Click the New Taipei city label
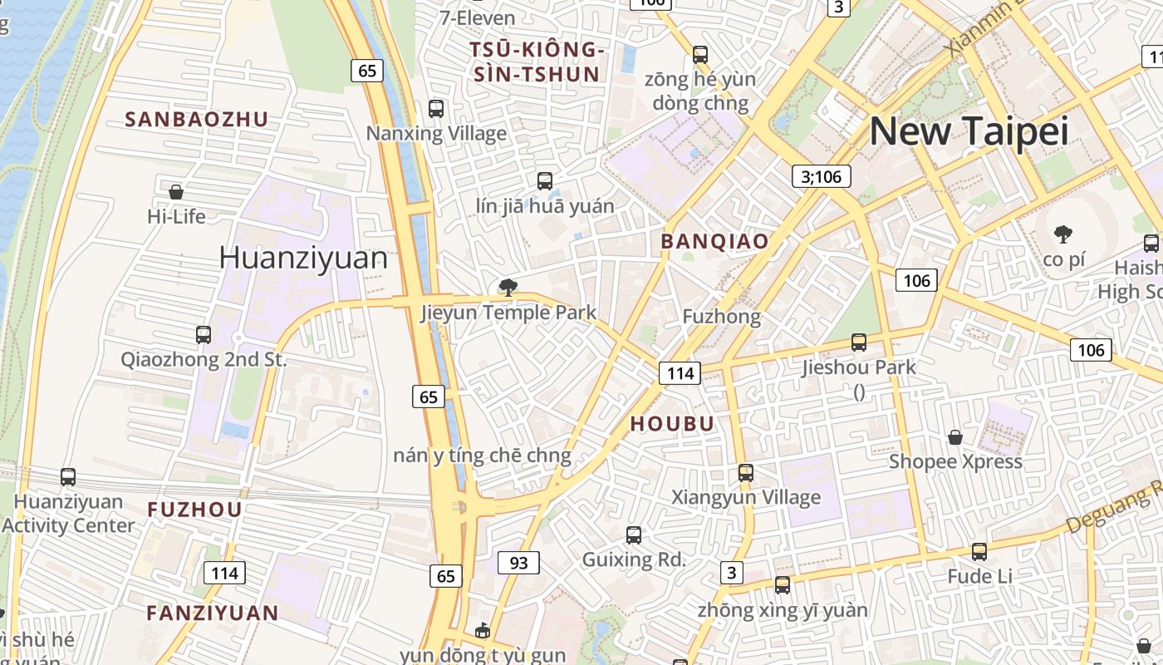click(968, 131)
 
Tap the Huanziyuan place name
click(303, 258)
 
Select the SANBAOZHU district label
click(197, 120)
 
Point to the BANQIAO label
click(714, 242)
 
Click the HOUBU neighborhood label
click(672, 424)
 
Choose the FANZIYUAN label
click(213, 613)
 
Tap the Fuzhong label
click(721, 317)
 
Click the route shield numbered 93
click(518, 563)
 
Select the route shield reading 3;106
click(817, 176)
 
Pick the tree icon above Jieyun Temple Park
click(508, 288)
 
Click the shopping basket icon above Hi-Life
click(176, 192)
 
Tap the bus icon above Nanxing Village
click(436, 108)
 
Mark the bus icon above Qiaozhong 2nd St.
click(204, 335)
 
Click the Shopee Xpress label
click(955, 461)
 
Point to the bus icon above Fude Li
click(979, 551)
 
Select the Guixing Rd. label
click(634, 559)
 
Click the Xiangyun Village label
click(745, 497)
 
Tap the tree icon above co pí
click(1062, 234)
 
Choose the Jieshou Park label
click(859, 367)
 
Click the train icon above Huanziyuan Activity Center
click(68, 477)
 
